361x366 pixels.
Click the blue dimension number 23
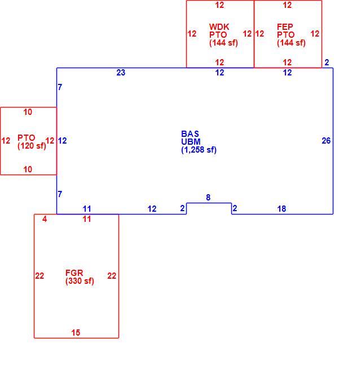[121, 73]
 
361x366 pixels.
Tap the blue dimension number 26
[326, 141]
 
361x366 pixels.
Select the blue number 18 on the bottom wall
[281, 209]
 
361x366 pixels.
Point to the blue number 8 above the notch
[208, 198]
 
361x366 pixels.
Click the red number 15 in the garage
[76, 332]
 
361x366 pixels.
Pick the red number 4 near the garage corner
[45, 219]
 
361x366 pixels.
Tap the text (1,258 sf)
[199, 150]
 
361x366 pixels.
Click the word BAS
[190, 134]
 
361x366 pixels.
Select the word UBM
[191, 142]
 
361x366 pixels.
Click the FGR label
[74, 273]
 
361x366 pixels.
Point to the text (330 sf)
[80, 281]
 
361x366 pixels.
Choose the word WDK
[219, 27]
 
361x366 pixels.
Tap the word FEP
[285, 27]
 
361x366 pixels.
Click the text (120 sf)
[32, 146]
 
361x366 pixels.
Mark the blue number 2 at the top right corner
[327, 63]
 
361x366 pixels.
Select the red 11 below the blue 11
[87, 219]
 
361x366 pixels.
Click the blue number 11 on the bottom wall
[87, 209]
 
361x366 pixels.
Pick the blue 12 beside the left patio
[62, 141]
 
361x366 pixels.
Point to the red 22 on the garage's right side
[112, 276]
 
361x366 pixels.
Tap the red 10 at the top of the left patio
[28, 112]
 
